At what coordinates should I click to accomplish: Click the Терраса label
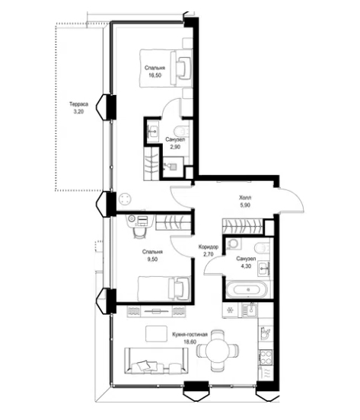[x=78, y=104]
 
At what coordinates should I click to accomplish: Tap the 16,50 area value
[x=155, y=75]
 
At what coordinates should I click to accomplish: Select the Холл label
[x=245, y=198]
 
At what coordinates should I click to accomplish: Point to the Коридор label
[x=209, y=247]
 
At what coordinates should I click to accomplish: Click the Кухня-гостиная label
[x=190, y=335]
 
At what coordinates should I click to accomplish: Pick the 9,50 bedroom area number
[x=152, y=259]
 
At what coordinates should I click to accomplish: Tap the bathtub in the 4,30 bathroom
[x=247, y=290]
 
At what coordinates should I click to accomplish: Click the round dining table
[x=218, y=350]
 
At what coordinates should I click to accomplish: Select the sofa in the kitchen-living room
[x=156, y=361]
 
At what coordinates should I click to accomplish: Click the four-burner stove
[x=266, y=357]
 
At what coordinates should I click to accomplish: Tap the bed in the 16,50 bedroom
[x=166, y=68]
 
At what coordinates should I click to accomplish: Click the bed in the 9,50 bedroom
[x=164, y=289]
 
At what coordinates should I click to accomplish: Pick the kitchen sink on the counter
[x=250, y=310]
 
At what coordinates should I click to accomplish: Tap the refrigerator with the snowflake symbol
[x=231, y=310]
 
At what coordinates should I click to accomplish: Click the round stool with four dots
[x=125, y=199]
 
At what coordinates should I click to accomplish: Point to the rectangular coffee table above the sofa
[x=157, y=333]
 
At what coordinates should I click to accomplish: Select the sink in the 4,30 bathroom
[x=264, y=268]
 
